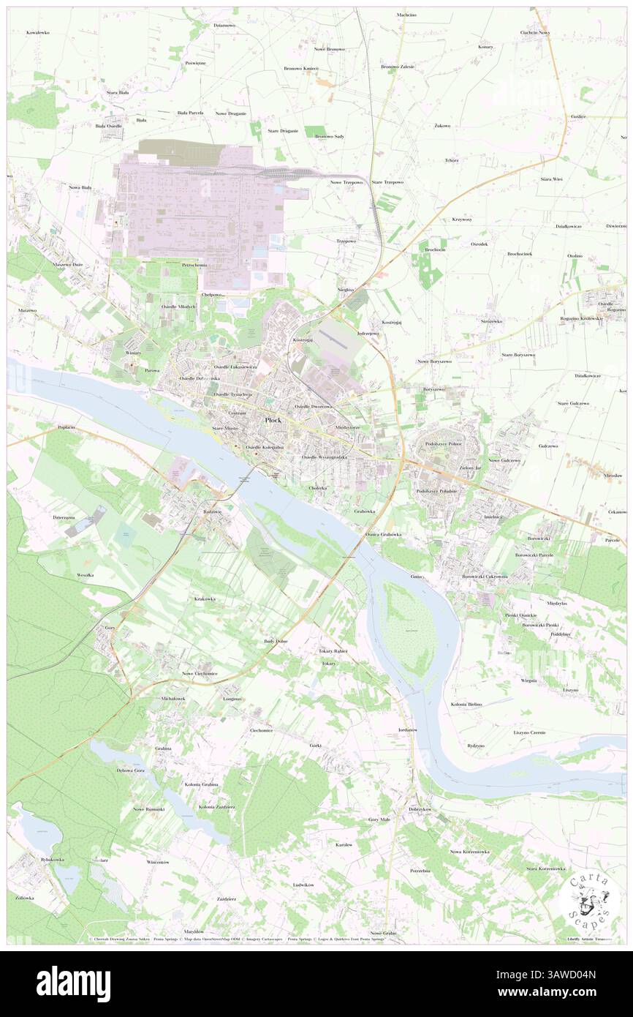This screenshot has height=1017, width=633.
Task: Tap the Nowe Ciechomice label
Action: (x=200, y=673)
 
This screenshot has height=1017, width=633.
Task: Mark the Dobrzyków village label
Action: (x=421, y=809)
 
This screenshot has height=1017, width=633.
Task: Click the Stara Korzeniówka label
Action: (x=546, y=868)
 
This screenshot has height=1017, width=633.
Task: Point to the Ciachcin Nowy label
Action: (x=534, y=33)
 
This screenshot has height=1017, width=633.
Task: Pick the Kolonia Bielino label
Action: (x=466, y=704)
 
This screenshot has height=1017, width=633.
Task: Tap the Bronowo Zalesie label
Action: (x=398, y=67)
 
